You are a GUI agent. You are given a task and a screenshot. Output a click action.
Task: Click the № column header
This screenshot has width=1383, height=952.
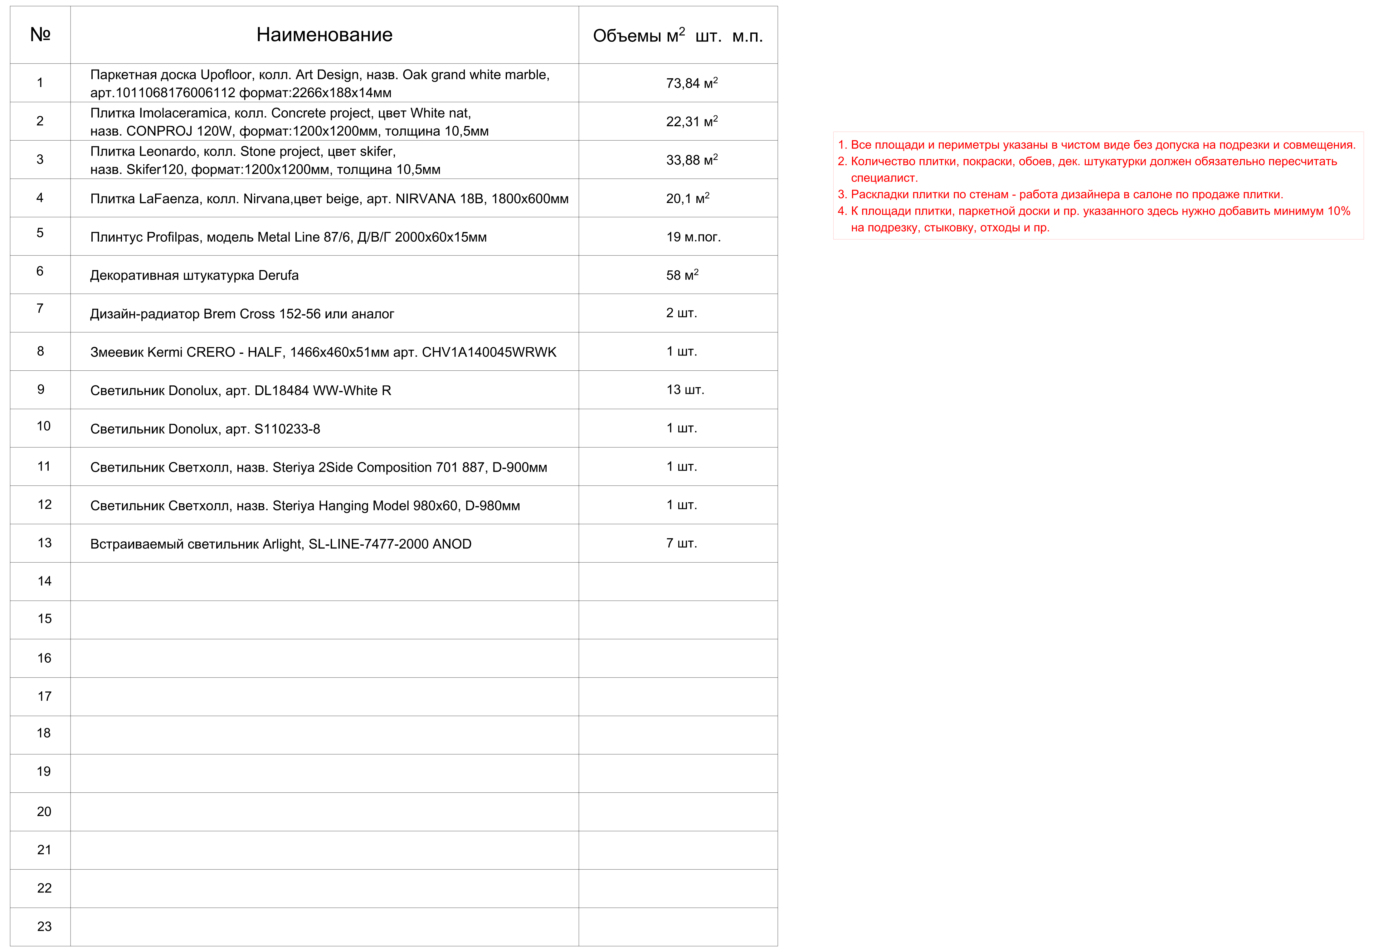(x=40, y=35)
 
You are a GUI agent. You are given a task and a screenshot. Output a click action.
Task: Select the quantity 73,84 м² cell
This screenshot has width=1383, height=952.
(x=691, y=83)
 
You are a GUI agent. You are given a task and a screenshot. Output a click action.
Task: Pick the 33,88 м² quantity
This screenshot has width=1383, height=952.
(x=691, y=160)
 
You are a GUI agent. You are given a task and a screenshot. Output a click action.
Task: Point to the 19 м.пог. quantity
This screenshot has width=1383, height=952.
(x=693, y=237)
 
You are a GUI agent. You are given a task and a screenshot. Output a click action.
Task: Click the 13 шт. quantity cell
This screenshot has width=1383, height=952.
(x=685, y=389)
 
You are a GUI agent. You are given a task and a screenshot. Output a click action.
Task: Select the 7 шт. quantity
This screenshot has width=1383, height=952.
(x=681, y=543)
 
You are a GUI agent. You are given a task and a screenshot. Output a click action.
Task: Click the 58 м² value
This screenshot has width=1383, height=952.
(x=682, y=275)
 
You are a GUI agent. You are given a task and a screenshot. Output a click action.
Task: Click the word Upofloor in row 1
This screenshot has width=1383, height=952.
(x=226, y=75)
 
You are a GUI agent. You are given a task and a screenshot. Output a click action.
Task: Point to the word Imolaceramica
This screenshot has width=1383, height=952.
(x=183, y=113)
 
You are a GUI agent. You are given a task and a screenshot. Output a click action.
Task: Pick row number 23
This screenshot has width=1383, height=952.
(x=44, y=926)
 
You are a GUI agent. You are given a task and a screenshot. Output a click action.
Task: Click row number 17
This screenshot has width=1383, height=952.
(x=44, y=696)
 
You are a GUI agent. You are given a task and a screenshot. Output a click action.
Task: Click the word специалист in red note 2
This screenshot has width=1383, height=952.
(x=884, y=178)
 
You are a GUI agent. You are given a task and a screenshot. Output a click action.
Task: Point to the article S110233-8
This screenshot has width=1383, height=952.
(x=287, y=429)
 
